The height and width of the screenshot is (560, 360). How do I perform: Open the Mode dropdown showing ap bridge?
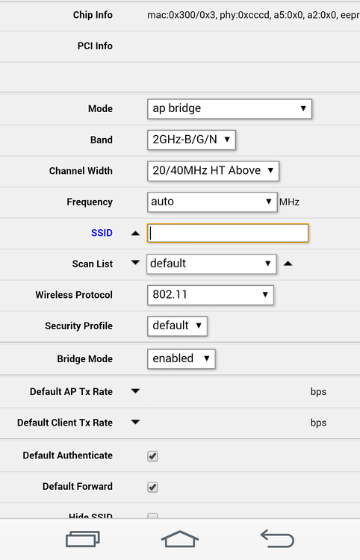tap(229, 108)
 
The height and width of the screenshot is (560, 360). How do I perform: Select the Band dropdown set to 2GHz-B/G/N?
tap(192, 139)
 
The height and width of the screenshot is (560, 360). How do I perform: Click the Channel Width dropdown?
tap(213, 170)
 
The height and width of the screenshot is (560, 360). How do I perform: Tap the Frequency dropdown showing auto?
tap(212, 202)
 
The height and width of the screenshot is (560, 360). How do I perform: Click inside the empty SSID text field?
tap(228, 233)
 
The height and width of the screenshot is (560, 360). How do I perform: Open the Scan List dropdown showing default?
tap(211, 264)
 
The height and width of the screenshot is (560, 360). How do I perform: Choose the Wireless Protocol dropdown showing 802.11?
tap(211, 295)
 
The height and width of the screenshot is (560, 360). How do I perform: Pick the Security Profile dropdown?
tap(177, 326)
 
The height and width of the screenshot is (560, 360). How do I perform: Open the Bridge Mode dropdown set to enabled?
tap(181, 358)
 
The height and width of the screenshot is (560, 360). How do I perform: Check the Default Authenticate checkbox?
tap(152, 455)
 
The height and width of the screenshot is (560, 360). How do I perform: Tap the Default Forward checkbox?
tap(152, 487)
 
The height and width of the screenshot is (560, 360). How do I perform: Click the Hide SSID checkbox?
tap(152, 516)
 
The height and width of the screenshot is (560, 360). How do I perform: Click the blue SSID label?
tap(102, 233)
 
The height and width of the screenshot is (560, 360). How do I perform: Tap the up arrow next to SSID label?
tap(135, 233)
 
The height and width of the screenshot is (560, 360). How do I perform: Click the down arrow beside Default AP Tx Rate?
tap(135, 391)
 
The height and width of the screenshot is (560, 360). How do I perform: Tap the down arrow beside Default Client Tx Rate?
tap(135, 422)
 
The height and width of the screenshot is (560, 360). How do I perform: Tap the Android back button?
tap(277, 538)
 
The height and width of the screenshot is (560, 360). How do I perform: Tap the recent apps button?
tap(82, 538)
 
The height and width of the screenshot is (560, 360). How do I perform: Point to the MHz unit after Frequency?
tap(289, 202)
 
